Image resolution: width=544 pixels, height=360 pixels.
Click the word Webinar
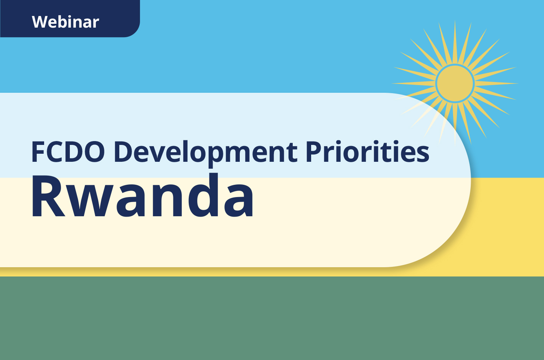pos(65,22)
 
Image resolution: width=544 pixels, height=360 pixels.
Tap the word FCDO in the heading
pos(68,152)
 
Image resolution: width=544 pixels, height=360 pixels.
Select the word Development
pos(205,152)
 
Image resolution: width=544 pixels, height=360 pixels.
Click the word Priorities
pos(367,152)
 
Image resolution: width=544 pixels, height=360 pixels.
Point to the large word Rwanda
pos(142,196)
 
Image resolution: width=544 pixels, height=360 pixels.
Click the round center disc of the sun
pos(455,83)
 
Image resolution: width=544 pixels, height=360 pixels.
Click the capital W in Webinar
pos(40,22)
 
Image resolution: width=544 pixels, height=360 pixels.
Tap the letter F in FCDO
pos(37,152)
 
